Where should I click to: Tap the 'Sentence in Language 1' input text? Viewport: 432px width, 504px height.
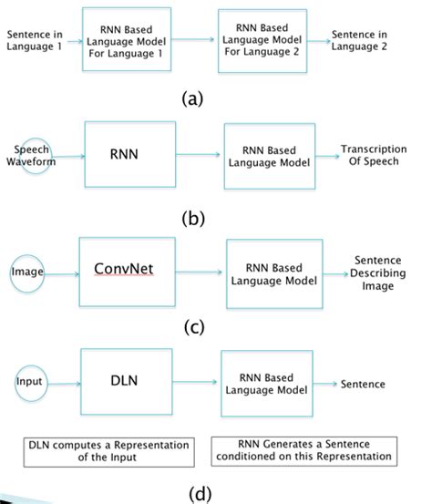pyautogui.click(x=33, y=40)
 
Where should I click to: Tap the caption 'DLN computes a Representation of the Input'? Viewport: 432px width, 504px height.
pyautogui.click(x=109, y=451)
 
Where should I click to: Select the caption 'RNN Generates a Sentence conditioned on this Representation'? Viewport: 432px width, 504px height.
pyautogui.click(x=302, y=451)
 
